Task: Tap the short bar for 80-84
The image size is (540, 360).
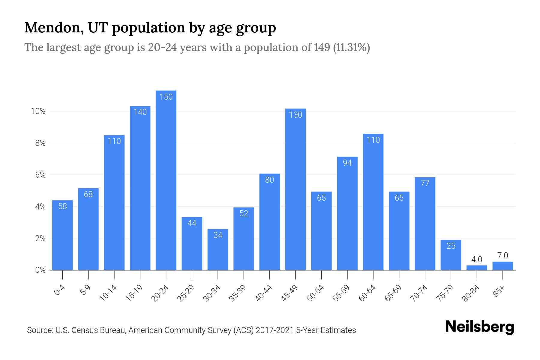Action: (x=477, y=268)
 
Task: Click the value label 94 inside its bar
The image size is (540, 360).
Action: (x=347, y=163)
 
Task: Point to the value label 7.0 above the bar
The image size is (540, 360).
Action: (x=502, y=256)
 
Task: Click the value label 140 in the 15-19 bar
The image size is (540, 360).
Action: (x=140, y=112)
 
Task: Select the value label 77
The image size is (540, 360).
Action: (x=425, y=183)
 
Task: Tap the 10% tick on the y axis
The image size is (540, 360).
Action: (x=38, y=112)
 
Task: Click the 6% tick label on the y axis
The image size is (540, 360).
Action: (x=40, y=175)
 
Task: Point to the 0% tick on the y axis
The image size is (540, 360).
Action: (x=40, y=270)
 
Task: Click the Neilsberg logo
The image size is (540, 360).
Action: (x=479, y=327)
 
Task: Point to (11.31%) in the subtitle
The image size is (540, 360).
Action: (x=351, y=47)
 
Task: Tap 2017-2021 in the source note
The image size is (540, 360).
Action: (x=274, y=330)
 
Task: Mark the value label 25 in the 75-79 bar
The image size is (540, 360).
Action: (x=451, y=246)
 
